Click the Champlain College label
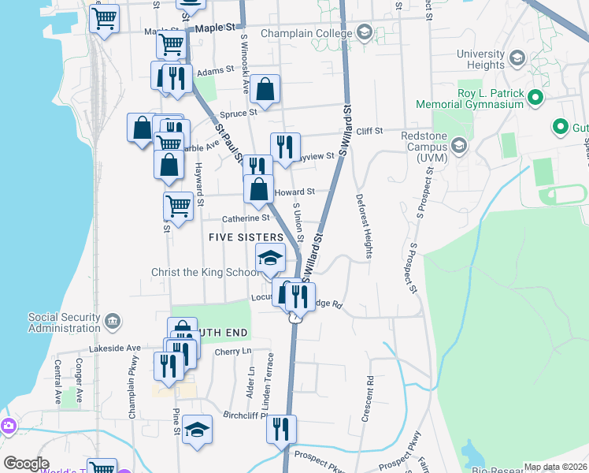point(309,34)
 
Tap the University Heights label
point(480,60)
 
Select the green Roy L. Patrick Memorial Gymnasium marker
point(536,98)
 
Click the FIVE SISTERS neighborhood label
point(246,237)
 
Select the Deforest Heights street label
point(363,225)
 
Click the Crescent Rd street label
point(368,398)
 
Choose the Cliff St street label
point(369,131)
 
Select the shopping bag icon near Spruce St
point(266,89)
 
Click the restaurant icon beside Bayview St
point(284,146)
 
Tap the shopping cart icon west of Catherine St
point(179,206)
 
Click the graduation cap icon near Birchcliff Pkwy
point(197,430)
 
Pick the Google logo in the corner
point(26,464)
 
